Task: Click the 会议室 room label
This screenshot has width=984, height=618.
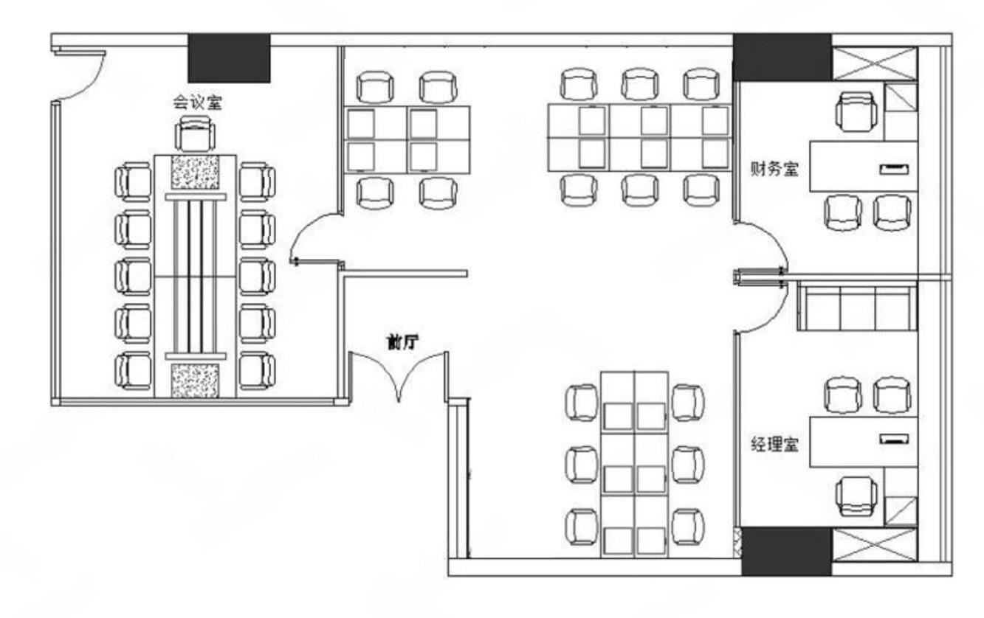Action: point(197,103)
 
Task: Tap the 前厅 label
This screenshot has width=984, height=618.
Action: point(402,342)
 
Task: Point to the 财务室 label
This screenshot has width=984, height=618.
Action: point(774,169)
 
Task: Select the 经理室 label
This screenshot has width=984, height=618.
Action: point(774,444)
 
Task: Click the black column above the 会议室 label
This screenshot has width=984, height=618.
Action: point(229,58)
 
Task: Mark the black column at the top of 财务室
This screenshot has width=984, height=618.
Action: point(782,57)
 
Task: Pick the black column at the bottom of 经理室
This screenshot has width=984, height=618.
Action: point(787,552)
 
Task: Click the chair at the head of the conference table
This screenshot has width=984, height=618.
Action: point(195,134)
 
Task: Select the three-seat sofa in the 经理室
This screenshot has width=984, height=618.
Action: point(857,306)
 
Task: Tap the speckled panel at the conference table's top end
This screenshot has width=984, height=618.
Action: point(195,172)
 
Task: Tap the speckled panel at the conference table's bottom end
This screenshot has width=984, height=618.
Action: point(195,380)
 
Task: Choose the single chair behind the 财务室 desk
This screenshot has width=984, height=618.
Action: point(856,111)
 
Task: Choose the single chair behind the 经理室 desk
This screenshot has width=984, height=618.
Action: point(856,496)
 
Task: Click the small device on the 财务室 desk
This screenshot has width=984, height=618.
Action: point(894,169)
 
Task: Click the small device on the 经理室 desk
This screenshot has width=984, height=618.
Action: point(894,439)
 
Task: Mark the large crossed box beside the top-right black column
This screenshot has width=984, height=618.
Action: point(875,64)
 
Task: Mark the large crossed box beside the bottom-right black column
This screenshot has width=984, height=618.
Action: point(875,545)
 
